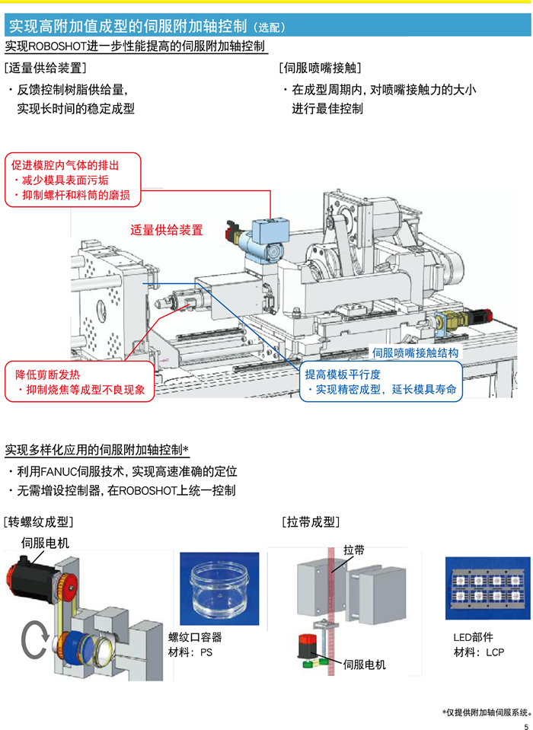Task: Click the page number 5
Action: pos(525,723)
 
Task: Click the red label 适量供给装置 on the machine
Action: pos(167,230)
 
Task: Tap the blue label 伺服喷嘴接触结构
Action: pos(415,353)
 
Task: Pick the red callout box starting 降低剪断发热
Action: pos(79,382)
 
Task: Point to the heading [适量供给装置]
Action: pos(45,69)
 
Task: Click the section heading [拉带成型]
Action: pos(310,522)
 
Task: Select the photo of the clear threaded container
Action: pos(219,587)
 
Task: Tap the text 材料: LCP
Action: pos(478,652)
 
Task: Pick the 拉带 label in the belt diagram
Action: pos(354,550)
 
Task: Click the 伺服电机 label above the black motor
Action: pos(45,543)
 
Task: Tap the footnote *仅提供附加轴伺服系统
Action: pos(486,712)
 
